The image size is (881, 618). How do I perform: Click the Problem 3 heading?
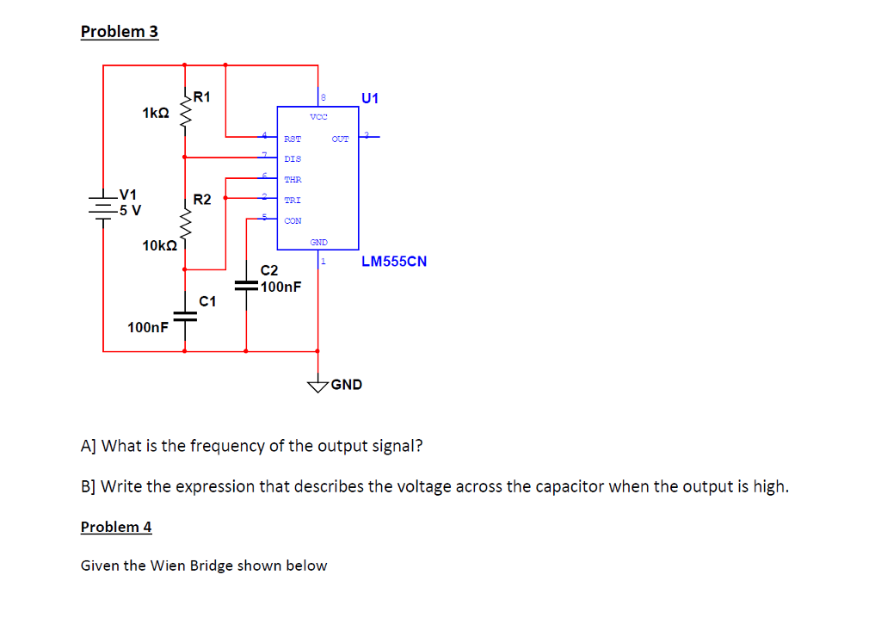click(x=120, y=32)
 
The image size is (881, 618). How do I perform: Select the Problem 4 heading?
click(x=116, y=527)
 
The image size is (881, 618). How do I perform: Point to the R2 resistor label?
click(x=202, y=200)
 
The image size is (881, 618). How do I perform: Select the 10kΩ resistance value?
click(x=159, y=245)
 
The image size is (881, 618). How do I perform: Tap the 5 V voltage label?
click(x=131, y=209)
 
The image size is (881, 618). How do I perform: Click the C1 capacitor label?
click(x=207, y=301)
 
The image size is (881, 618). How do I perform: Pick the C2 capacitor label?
click(x=269, y=270)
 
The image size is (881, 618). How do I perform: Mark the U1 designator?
click(x=370, y=97)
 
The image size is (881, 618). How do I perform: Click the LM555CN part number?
click(x=394, y=261)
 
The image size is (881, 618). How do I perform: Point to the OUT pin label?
click(x=341, y=138)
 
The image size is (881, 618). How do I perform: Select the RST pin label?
click(x=293, y=138)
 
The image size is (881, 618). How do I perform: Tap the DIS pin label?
click(x=293, y=158)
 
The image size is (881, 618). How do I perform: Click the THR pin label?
click(x=293, y=179)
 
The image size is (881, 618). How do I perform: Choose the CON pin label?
click(x=293, y=220)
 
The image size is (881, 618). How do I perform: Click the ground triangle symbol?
click(x=318, y=386)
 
